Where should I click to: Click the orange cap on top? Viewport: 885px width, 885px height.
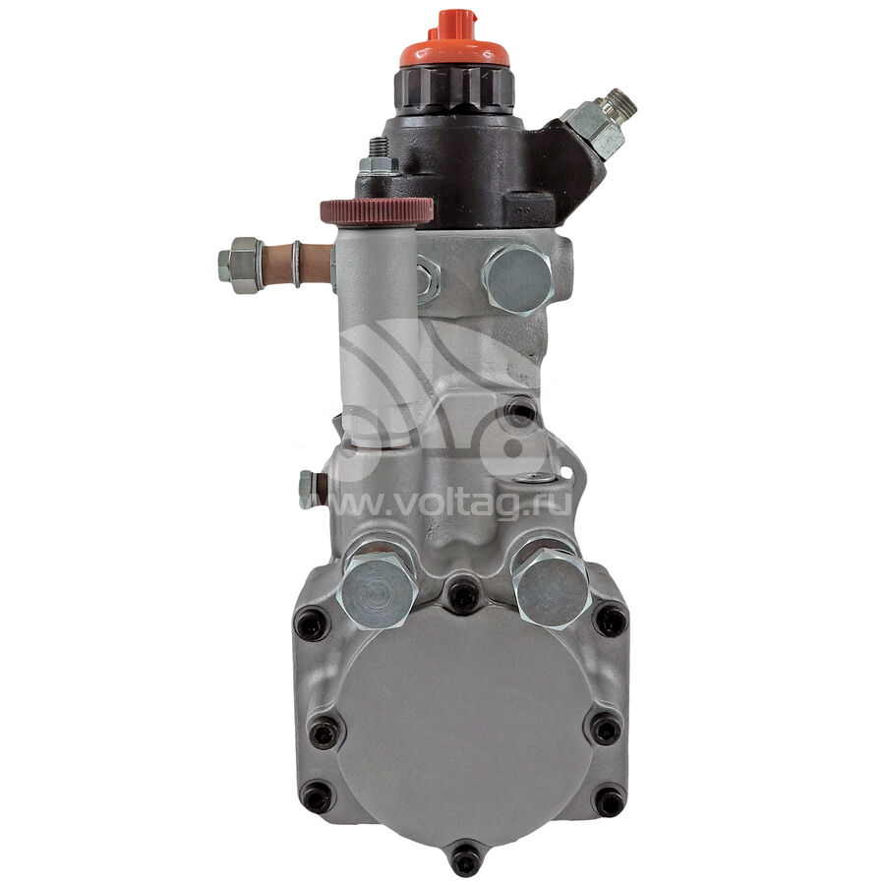[x=455, y=40]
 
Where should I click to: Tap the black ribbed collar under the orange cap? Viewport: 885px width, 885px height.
[x=453, y=89]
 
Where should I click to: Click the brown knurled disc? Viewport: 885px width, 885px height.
[x=377, y=210]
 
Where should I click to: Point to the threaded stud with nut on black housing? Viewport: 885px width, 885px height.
[x=379, y=157]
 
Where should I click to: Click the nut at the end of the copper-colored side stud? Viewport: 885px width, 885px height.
[x=241, y=265]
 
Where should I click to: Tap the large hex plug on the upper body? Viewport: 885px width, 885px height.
[x=517, y=279]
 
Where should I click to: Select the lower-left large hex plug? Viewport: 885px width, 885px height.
[x=380, y=589]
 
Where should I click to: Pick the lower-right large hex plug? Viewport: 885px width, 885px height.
[x=552, y=586]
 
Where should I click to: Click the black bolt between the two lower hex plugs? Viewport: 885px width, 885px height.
[x=464, y=593]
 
